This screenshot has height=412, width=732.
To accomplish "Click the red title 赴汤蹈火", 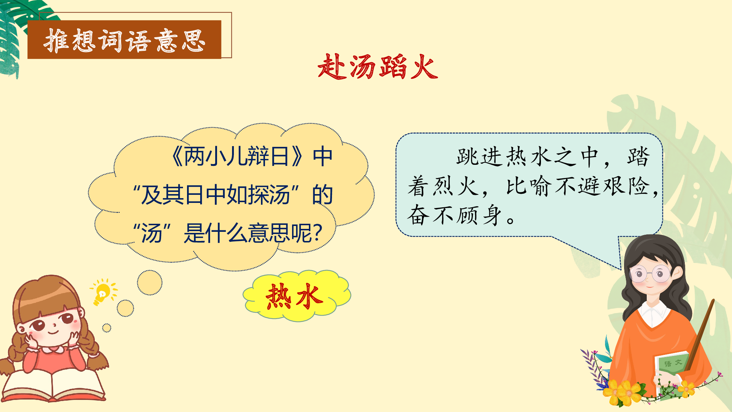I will point(377,67).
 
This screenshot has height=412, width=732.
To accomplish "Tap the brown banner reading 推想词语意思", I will point(124,40).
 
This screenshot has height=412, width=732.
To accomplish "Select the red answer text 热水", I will point(295,296).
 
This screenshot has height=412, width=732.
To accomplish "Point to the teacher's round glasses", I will point(650,274).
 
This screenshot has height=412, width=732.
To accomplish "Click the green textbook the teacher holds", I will point(672,370).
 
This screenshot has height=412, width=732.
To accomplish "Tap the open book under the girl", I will point(53,385).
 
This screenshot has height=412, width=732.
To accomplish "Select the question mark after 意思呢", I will point(318,233).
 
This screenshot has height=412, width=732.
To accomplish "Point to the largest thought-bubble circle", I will point(150,282).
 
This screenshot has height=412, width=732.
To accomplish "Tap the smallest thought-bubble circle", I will point(107,328).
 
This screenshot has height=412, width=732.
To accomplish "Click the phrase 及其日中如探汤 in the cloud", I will point(216,195).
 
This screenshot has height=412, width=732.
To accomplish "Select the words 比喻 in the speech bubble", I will point(529,186).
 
